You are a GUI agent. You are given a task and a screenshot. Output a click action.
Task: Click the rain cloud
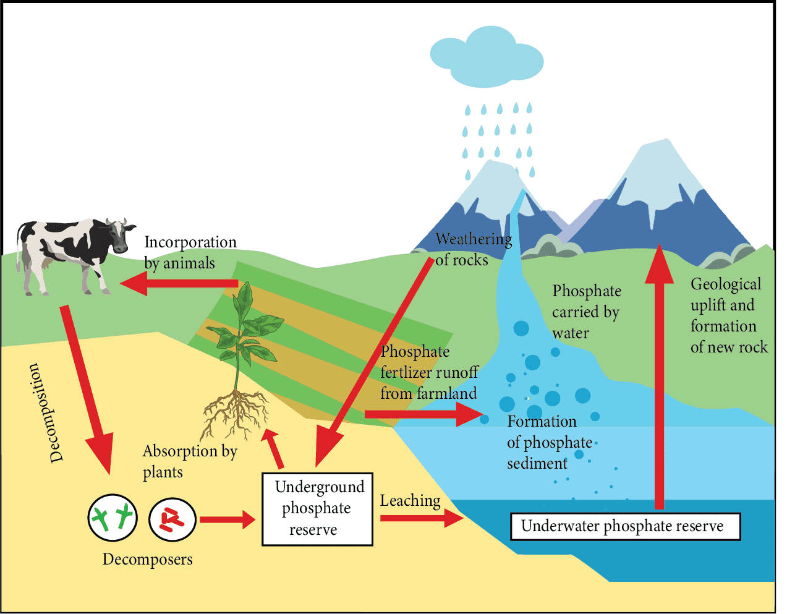[486, 58]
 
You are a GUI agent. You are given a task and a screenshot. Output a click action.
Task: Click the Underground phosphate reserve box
[317, 509]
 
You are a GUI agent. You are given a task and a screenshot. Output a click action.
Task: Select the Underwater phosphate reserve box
[625, 526]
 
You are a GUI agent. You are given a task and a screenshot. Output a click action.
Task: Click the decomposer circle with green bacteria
[112, 518]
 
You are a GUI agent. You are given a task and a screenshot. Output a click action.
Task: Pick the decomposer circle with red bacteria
[172, 519]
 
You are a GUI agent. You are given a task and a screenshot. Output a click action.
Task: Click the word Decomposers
[147, 559]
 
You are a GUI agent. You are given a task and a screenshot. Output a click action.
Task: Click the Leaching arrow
[421, 518]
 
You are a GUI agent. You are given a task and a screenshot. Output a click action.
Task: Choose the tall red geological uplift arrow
[659, 377]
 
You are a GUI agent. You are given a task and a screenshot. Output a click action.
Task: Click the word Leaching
[410, 501]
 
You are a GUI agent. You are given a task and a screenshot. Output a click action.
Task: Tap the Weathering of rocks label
[473, 249]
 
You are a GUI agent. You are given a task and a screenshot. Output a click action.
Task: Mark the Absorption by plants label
[189, 461]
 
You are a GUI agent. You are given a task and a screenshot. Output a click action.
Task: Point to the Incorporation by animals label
[190, 252]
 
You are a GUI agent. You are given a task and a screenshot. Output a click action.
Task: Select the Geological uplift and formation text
[728, 315]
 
